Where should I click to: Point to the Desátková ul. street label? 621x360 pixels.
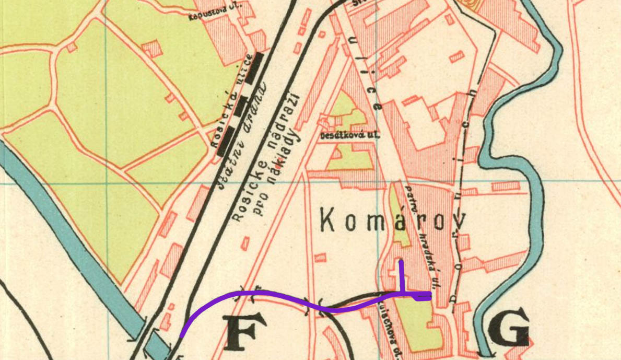[x=349, y=135]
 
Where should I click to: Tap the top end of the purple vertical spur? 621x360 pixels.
[x=401, y=261]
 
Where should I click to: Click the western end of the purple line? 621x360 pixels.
[x=181, y=336]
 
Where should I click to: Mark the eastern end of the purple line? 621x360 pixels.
[x=430, y=296]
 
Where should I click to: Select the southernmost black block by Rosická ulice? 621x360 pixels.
[x=225, y=143]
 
